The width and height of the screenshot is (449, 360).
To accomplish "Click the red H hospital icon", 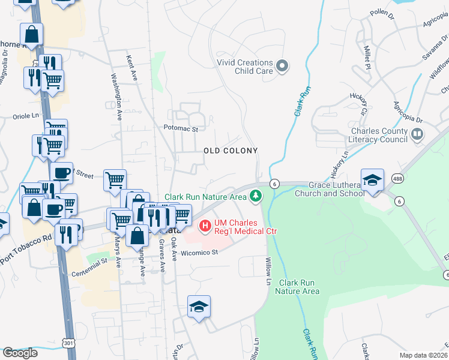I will point(205,226).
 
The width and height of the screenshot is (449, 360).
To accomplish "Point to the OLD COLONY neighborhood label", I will point(230,151).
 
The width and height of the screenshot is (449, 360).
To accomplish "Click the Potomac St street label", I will point(185,128).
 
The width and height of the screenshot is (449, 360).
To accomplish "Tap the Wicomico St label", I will point(200,253).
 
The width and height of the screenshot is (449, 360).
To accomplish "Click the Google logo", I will point(20,353).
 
